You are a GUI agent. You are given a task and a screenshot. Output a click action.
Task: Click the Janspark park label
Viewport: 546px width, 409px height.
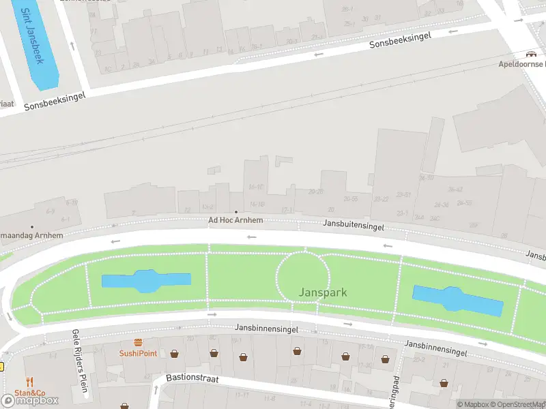tap(323, 292)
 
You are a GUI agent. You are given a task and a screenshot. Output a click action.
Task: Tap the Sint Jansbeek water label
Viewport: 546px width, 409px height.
tap(31, 36)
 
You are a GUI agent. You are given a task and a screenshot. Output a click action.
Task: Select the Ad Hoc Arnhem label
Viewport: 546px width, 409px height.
tap(235, 221)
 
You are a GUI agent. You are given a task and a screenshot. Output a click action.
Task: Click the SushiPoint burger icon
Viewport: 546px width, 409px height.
tap(138, 343)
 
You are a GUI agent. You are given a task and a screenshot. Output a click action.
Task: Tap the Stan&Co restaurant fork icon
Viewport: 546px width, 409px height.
tap(29, 382)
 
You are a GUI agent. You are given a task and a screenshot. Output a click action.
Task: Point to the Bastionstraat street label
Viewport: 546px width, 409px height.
tap(192, 378)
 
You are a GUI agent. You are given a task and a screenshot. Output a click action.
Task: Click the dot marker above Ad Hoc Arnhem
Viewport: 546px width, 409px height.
tap(235, 212)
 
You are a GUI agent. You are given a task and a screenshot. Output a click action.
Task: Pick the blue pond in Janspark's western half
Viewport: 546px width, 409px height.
tap(146, 281)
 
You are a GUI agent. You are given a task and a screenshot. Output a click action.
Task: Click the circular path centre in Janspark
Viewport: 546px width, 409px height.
tap(303, 277)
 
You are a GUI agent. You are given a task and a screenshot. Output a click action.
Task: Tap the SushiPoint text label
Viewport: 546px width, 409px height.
tap(138, 353)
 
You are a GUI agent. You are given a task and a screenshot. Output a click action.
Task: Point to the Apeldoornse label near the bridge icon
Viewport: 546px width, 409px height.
tap(521, 64)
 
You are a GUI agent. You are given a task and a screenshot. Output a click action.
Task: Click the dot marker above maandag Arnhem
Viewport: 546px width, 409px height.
tap(31, 227)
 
